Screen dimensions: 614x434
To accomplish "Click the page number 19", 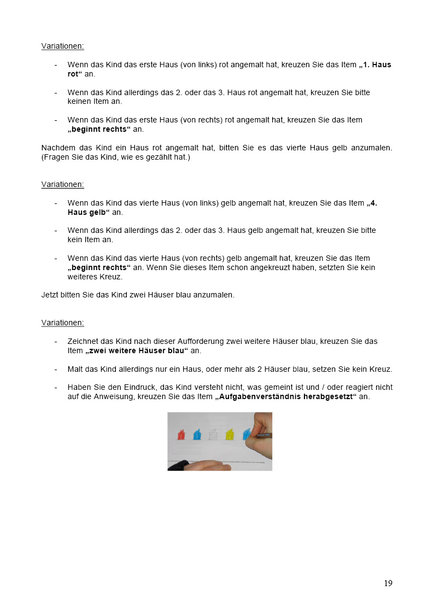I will coord(388,583).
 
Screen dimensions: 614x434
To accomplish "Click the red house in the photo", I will coord(181,435).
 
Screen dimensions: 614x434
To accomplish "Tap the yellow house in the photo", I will coord(231,435).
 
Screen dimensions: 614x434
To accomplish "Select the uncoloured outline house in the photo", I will coord(213,435).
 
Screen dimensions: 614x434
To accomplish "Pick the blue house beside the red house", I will coord(197,435).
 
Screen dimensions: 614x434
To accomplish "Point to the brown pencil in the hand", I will coord(262,435).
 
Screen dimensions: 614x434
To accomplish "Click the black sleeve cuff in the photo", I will coord(179,465).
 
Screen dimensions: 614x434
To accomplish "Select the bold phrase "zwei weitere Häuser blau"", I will coord(137,350).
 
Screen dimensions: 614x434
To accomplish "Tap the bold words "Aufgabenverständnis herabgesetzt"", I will coord(286,396).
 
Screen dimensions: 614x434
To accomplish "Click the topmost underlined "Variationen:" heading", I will coord(62,46).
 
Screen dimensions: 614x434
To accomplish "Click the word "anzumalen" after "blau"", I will coord(216,295).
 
